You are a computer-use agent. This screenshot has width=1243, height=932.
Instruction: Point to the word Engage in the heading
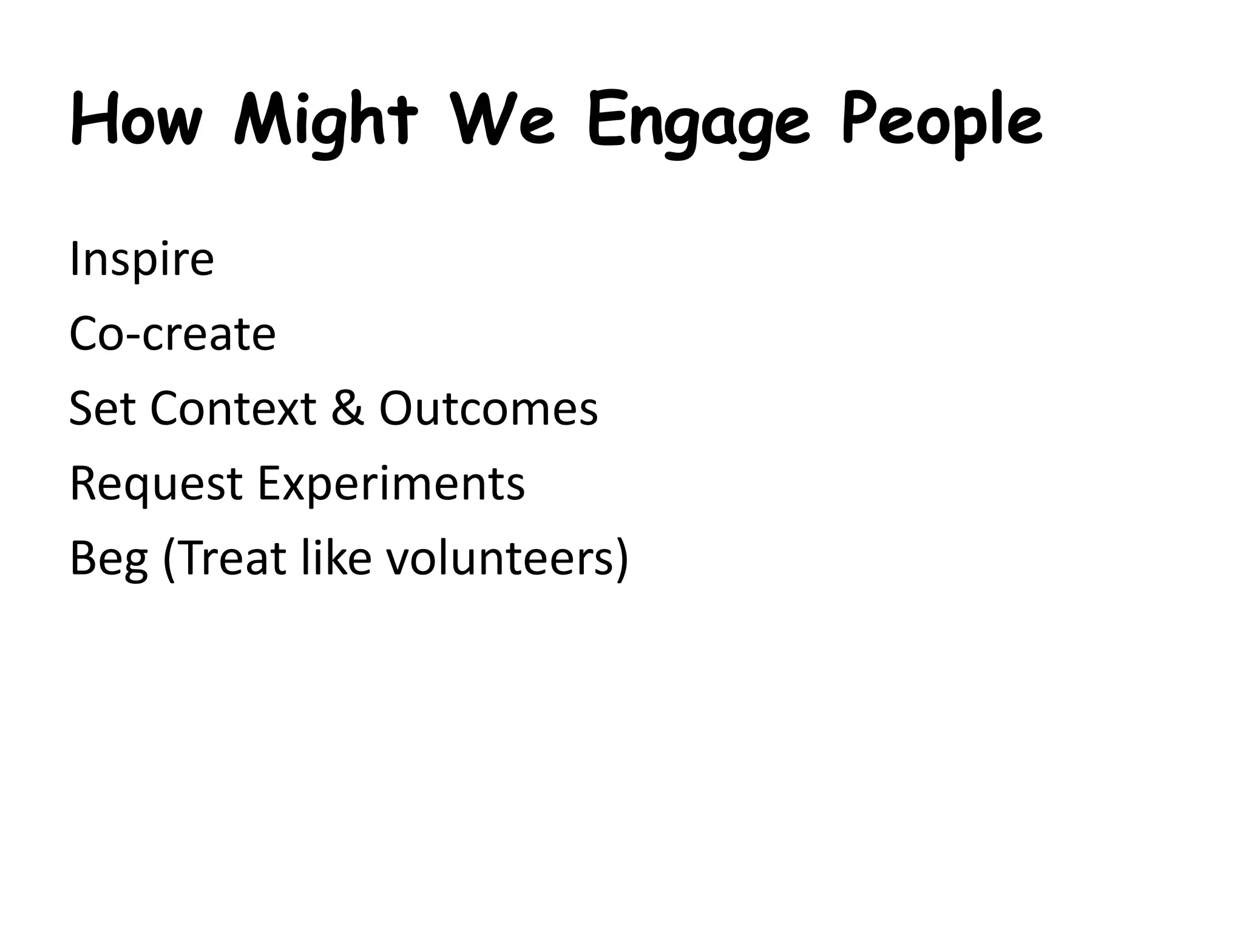(699, 124)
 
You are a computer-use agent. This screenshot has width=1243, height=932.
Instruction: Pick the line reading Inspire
(141, 260)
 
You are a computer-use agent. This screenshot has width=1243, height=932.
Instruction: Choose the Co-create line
(172, 334)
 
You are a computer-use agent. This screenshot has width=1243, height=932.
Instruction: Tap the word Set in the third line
(102, 408)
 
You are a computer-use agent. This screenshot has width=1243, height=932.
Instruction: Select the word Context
(233, 408)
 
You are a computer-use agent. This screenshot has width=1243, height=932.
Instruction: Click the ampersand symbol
(348, 408)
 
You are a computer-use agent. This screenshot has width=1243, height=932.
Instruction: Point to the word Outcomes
(489, 408)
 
